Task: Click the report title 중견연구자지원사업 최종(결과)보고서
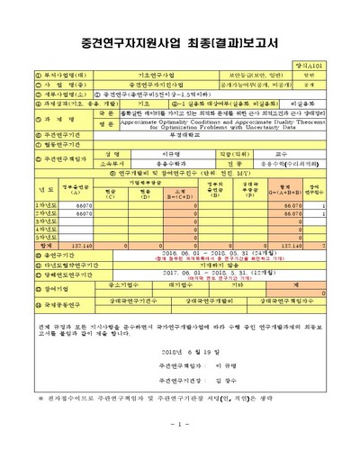coord(180,41)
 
